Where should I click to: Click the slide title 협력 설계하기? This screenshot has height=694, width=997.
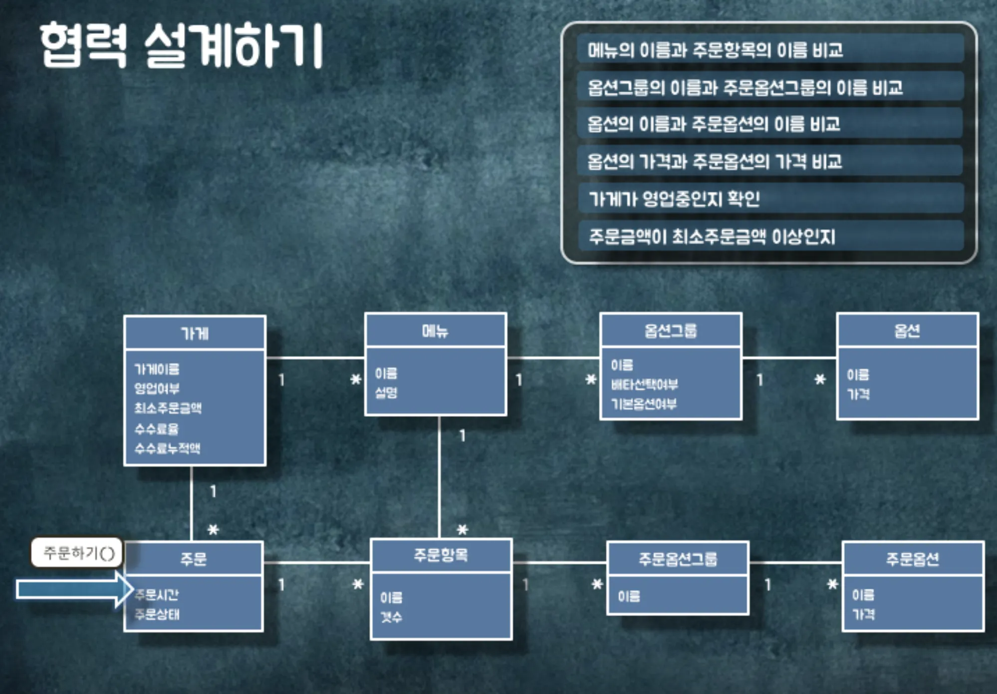click(x=182, y=46)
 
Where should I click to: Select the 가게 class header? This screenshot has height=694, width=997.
click(x=195, y=333)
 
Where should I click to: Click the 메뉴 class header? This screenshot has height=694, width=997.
click(x=435, y=331)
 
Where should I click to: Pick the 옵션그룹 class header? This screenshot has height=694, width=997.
click(x=671, y=331)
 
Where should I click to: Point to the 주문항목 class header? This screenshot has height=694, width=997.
click(x=441, y=555)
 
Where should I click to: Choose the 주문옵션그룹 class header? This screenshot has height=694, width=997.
click(x=678, y=559)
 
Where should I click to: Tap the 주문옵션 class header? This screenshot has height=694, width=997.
click(x=913, y=559)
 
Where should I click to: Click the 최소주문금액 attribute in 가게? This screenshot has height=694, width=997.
click(x=168, y=408)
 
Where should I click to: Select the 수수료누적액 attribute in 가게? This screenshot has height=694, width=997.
click(x=167, y=448)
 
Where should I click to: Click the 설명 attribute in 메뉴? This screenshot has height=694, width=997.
click(x=386, y=392)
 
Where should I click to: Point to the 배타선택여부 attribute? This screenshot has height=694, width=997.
click(x=644, y=384)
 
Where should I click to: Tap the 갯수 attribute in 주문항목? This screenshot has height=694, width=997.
click(x=391, y=617)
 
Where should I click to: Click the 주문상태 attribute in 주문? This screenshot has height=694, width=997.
click(x=157, y=614)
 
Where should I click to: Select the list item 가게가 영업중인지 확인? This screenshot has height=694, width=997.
click(x=674, y=199)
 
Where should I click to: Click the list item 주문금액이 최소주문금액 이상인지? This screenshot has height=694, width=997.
click(x=712, y=236)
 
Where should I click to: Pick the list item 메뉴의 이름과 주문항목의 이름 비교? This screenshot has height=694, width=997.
click(x=715, y=50)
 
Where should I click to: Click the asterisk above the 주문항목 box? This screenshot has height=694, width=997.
click(x=463, y=529)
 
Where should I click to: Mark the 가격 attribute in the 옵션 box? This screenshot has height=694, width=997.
click(x=858, y=394)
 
